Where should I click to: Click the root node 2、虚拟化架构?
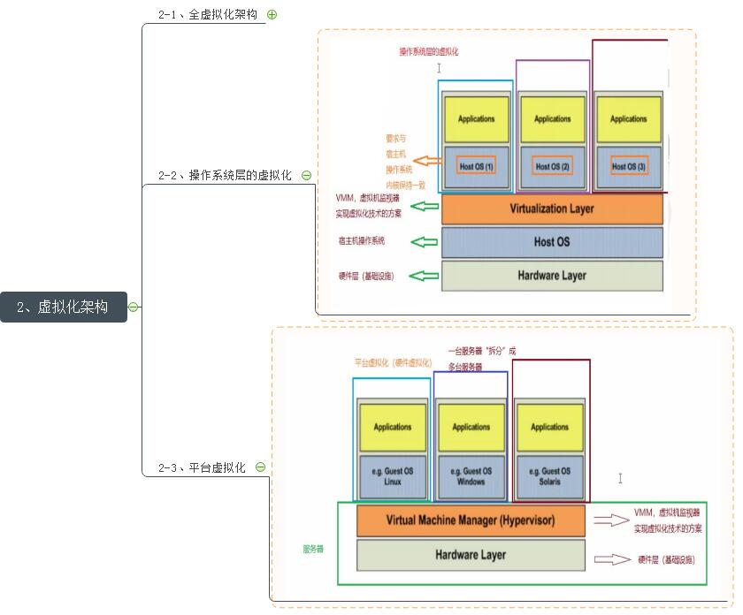(x=63, y=307)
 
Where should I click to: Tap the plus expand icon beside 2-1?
(x=272, y=14)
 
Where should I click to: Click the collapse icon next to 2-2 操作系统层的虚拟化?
(x=306, y=175)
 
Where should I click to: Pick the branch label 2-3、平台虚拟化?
(x=202, y=467)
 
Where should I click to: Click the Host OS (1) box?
(x=477, y=166)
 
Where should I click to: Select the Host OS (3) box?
(x=629, y=166)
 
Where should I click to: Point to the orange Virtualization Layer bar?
(x=552, y=209)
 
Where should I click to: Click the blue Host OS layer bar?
(x=552, y=241)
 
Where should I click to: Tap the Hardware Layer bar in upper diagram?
(x=552, y=276)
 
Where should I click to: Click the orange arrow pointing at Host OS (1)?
(x=428, y=161)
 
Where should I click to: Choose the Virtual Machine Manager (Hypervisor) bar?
(x=471, y=520)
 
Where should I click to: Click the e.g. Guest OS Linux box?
(x=393, y=476)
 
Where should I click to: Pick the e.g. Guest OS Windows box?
(x=471, y=476)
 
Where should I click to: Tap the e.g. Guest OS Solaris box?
(x=549, y=476)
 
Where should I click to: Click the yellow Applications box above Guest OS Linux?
(x=393, y=427)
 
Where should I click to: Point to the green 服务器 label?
(x=313, y=549)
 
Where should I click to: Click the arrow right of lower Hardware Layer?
(x=610, y=559)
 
